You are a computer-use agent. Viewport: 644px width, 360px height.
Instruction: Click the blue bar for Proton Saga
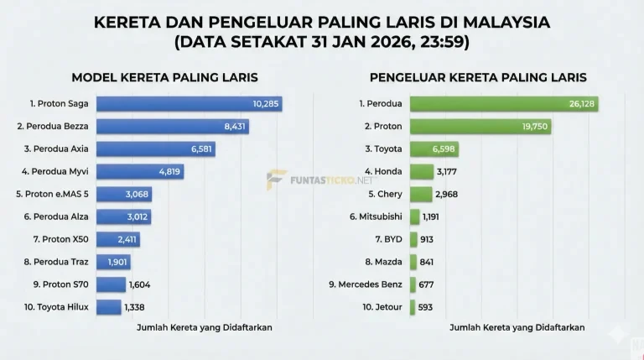189,104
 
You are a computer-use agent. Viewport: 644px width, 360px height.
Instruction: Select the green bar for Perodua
503,104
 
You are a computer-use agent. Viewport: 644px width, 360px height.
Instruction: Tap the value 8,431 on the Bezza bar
231,127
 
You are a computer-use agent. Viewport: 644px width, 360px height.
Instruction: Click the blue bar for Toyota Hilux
109,307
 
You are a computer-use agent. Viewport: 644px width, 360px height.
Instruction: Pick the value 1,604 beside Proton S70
139,284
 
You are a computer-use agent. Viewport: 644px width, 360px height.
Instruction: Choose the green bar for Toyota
434,149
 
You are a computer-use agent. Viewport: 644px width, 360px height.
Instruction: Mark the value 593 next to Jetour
425,307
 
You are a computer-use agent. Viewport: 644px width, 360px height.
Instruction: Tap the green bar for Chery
421,195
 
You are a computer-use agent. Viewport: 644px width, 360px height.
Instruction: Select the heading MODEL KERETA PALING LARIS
164,77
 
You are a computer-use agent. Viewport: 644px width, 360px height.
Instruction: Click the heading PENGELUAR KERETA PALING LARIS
478,77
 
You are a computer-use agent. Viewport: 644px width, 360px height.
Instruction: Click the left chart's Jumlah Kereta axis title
204,327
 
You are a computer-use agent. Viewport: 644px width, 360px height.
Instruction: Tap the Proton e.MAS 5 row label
54,195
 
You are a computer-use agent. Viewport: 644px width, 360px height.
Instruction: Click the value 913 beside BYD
426,239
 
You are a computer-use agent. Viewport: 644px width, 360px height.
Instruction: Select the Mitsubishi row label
376,217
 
